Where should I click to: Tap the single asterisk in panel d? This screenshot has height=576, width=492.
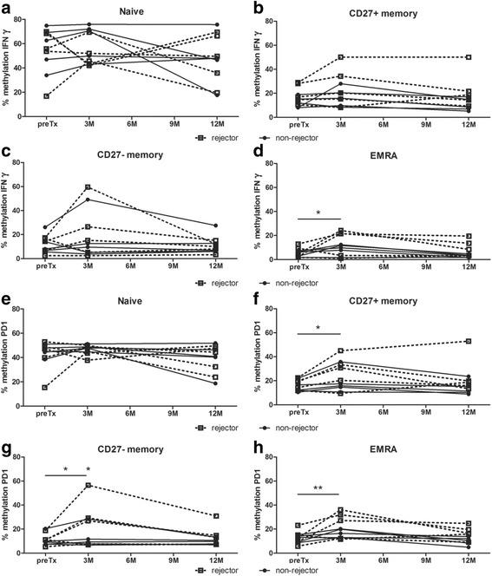[318, 211]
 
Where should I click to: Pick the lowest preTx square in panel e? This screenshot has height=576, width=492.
[45, 387]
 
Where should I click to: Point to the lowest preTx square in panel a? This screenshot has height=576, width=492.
[45, 95]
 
